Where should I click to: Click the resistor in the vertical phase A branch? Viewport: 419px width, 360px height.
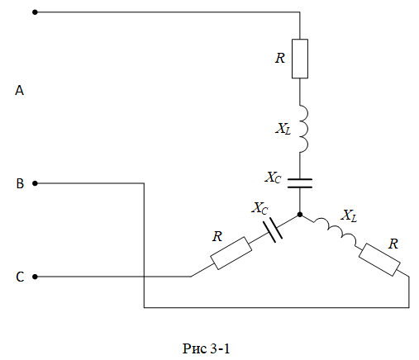coord(300,59)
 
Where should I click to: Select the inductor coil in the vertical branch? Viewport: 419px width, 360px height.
coord(304,128)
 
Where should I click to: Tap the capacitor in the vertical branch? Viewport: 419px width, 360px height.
coord(300,183)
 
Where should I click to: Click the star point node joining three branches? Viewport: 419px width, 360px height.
coord(300,215)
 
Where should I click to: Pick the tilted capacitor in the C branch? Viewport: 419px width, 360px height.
coord(272,230)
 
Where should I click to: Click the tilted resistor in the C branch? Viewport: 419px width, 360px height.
coord(231,253)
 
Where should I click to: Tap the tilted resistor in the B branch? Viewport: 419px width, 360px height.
coord(379,259)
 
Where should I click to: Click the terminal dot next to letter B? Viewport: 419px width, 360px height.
coord(35,183)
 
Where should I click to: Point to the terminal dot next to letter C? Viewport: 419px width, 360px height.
coord(35,277)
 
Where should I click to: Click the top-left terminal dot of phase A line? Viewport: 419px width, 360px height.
coord(35,12)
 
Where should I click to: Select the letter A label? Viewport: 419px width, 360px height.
coord(19,91)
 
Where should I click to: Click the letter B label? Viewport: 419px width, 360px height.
coord(20,183)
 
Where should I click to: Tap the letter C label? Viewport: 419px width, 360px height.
coord(20,277)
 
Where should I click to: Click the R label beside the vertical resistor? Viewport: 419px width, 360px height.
coord(280,58)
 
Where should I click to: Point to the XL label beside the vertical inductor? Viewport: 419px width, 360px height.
coord(283,129)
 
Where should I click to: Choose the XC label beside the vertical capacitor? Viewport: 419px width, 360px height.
coord(273,178)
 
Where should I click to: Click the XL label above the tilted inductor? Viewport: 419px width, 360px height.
coord(349,216)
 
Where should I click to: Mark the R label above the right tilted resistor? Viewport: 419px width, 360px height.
coord(393,244)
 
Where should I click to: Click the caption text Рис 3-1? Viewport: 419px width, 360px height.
coord(206,348)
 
